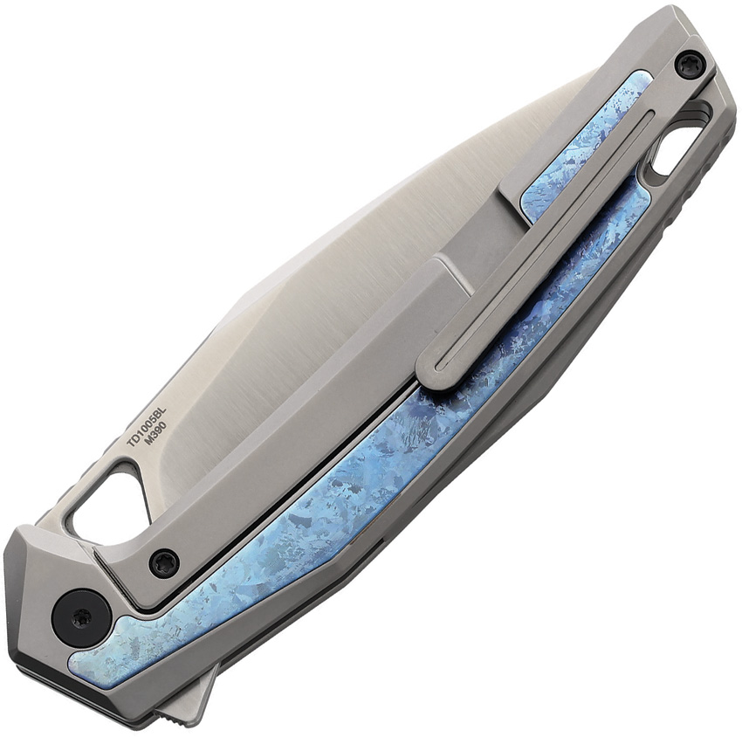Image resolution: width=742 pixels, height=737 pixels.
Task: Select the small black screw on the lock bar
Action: coord(166,560)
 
